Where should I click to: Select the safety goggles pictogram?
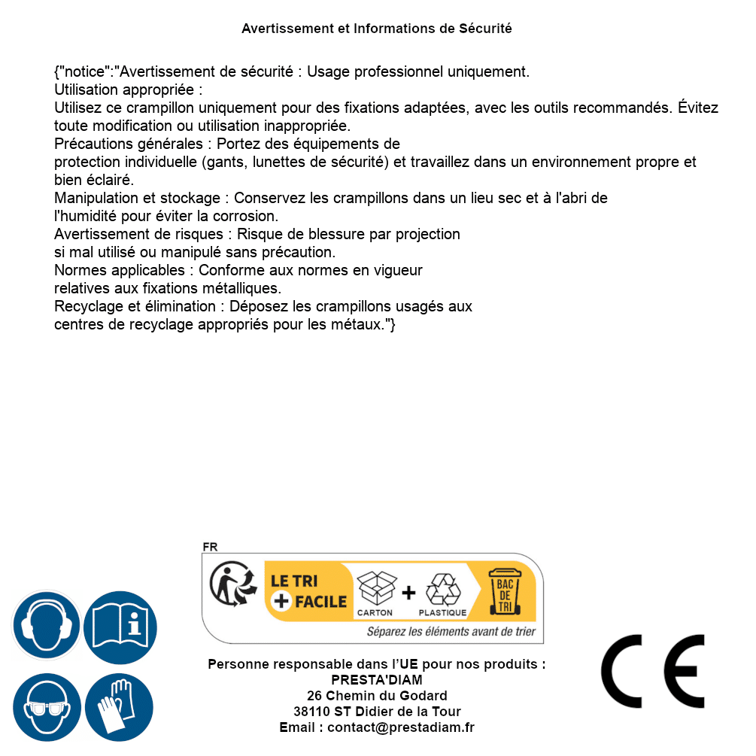tap(47, 708)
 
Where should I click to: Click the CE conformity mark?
tap(653, 672)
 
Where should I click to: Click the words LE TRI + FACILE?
tap(308, 591)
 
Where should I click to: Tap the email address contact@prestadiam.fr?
tap(400, 727)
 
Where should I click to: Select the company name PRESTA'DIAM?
tap(377, 680)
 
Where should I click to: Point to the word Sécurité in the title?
tap(485, 29)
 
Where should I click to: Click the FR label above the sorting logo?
tap(210, 547)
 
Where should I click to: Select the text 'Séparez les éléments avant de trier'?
tap(451, 631)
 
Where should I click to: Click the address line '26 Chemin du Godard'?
tap(377, 696)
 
